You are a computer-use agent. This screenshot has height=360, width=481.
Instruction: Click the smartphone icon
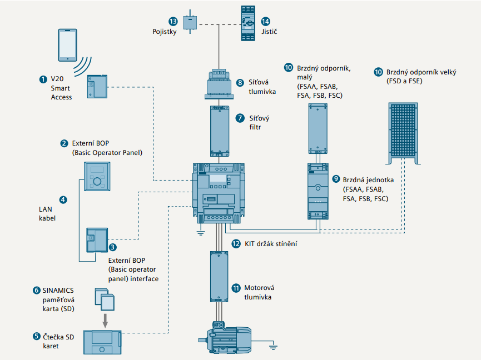68,44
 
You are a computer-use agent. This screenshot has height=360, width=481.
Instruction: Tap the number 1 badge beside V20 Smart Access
43,79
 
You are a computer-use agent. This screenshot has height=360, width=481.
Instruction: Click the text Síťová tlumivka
261,87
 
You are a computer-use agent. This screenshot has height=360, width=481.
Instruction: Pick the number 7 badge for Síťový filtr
240,118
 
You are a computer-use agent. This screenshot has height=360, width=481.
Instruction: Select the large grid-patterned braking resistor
404,129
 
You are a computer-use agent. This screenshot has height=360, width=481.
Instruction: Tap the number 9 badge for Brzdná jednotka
335,179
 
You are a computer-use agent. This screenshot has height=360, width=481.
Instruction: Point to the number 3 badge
113,247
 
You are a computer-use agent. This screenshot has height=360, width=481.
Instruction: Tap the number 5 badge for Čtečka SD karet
37,337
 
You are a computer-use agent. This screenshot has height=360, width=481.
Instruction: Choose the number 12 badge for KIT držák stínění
236,243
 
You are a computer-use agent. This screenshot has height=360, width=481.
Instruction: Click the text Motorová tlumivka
260,292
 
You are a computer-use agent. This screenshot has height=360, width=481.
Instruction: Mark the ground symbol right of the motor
273,348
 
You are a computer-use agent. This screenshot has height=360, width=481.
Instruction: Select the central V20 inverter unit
219,192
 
